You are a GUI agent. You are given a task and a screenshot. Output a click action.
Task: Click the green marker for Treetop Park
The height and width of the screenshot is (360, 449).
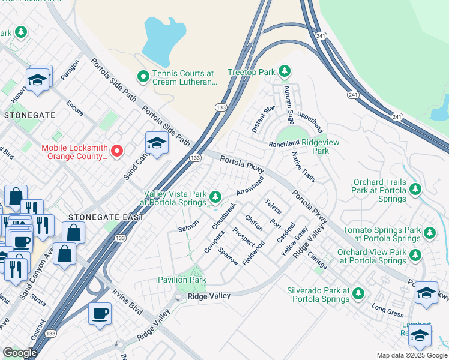pos(283,73)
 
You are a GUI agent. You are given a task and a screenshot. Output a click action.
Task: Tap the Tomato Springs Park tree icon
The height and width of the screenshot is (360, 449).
pos(429,232)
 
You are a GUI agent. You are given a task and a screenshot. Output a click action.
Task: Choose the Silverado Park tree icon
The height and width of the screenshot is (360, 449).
pos(358,293)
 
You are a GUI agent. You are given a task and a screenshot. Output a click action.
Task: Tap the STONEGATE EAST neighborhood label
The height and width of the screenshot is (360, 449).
pos(106,217)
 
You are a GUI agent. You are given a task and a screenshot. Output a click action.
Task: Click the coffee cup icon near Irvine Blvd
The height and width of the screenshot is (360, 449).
pos(99,313)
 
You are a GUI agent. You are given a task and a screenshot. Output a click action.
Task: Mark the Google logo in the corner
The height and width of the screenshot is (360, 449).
pos(19,353)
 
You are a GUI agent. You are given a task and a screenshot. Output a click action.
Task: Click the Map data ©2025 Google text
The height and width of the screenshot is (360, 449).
pos(411,355)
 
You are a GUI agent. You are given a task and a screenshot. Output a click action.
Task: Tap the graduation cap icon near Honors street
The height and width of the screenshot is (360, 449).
pos(37,80)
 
